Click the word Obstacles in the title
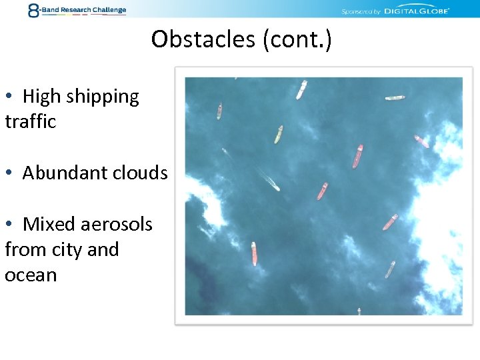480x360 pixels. [203, 39]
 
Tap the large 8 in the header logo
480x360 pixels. [34, 10]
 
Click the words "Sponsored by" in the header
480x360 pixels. [361, 11]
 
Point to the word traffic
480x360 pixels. [30, 121]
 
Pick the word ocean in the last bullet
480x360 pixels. [31, 275]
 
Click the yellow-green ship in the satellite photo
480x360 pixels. [278, 134]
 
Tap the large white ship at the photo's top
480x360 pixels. [301, 89]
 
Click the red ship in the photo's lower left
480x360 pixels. [254, 253]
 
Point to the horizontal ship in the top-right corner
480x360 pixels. [395, 98]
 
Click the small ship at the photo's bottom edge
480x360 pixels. [359, 311]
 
